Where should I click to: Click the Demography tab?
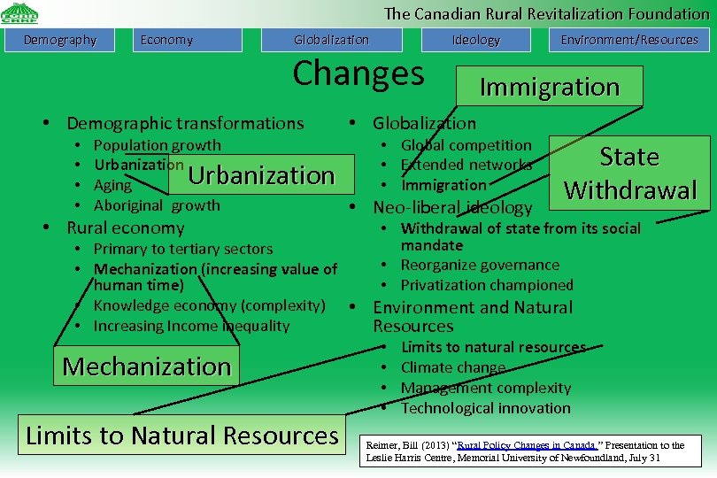(x=60, y=40)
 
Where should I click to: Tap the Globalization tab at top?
(x=331, y=40)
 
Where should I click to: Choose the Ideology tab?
(x=476, y=40)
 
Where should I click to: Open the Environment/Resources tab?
(x=628, y=40)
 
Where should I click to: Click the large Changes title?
(x=358, y=73)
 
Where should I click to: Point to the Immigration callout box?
(x=549, y=87)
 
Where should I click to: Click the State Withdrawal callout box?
(x=629, y=173)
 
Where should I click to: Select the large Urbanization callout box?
(x=261, y=175)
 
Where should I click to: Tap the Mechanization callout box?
(x=147, y=366)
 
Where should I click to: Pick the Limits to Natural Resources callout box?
(x=182, y=436)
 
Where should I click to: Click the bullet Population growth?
(x=158, y=145)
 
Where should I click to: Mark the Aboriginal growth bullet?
(x=157, y=205)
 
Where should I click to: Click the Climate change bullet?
(x=453, y=367)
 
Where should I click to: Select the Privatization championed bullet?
(x=487, y=285)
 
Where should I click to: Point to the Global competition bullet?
(x=466, y=145)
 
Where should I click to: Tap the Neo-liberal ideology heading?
(x=452, y=208)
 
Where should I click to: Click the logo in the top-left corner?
(x=19, y=13)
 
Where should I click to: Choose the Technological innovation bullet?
(x=485, y=408)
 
